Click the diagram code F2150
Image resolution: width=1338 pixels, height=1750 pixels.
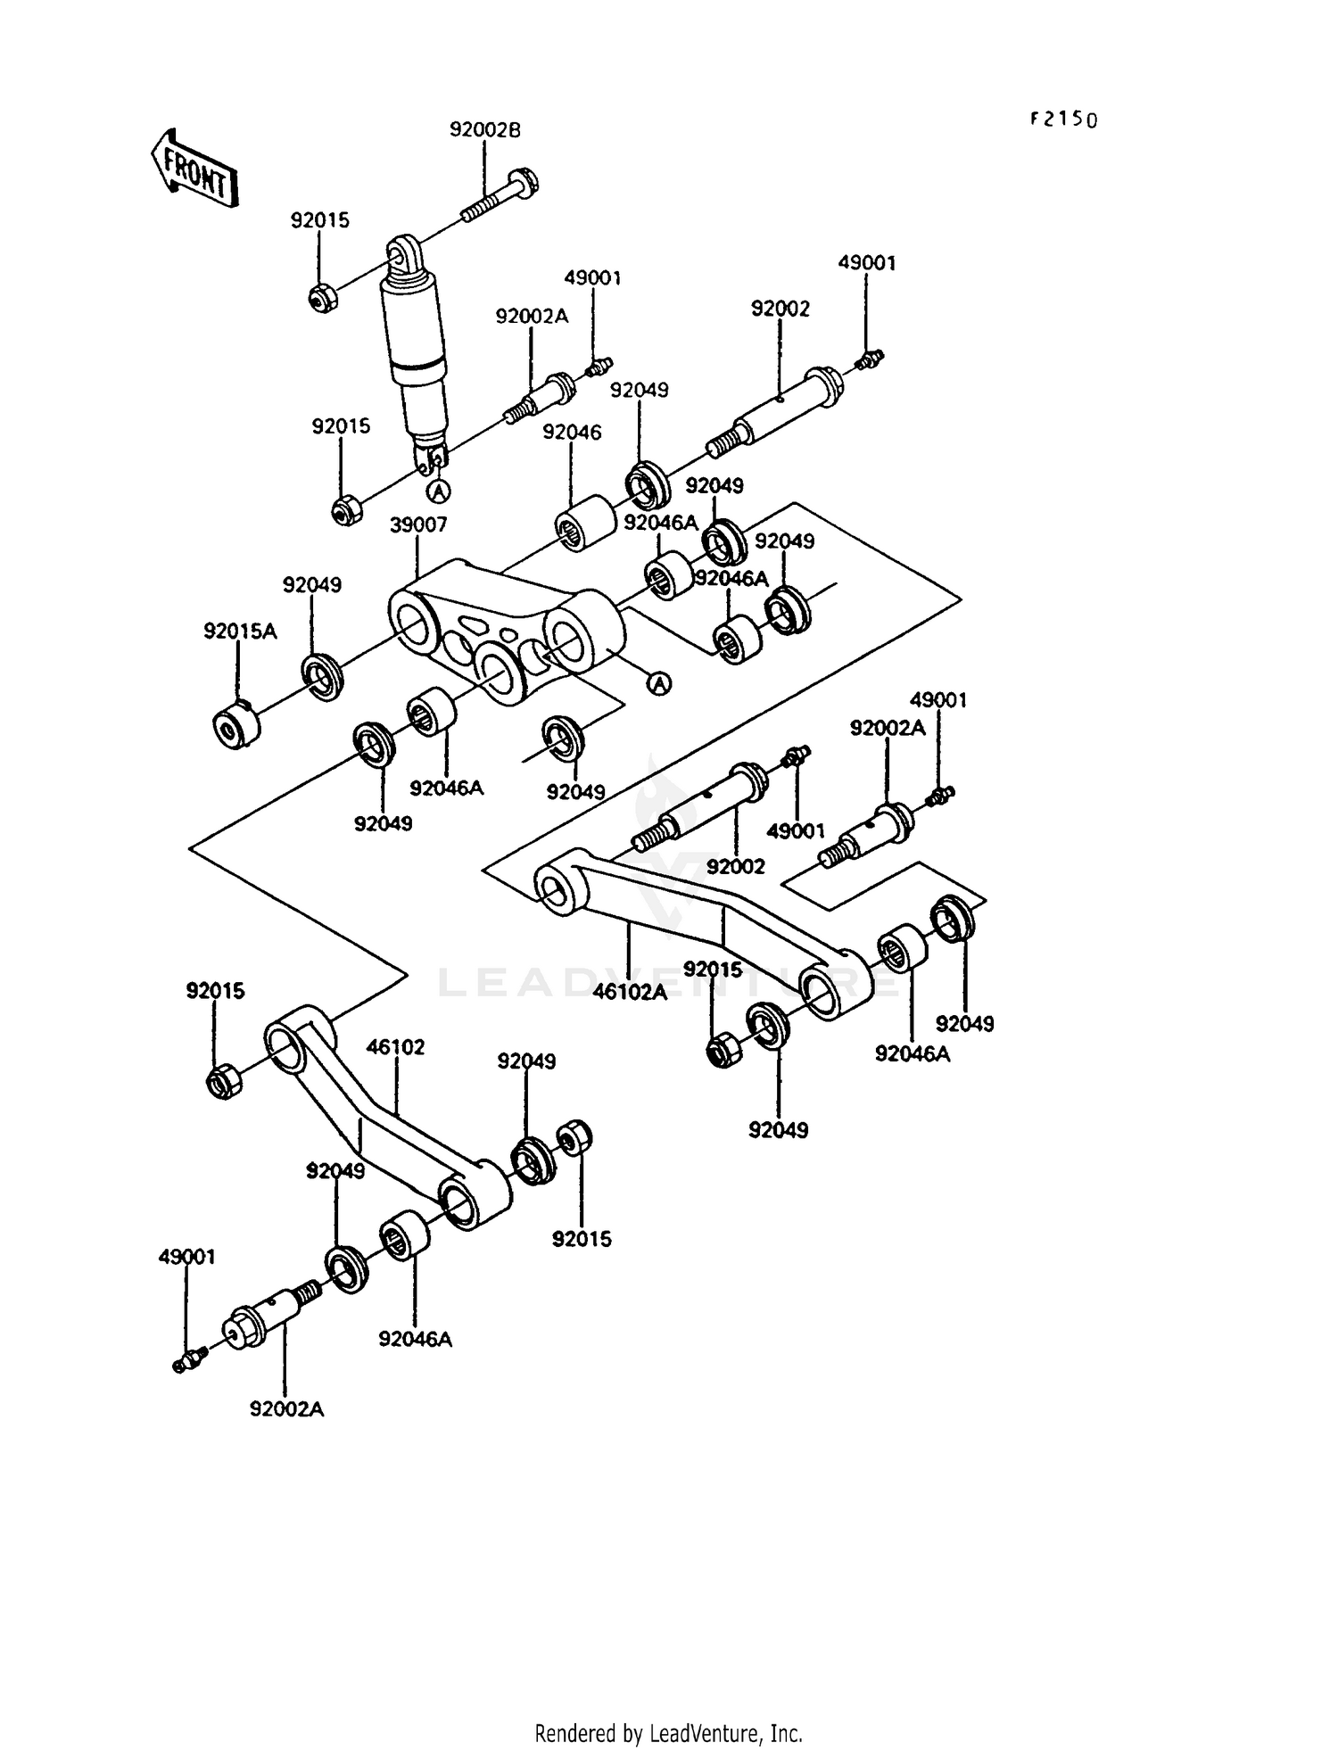[1063, 120]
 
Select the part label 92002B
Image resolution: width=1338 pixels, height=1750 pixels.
[484, 130]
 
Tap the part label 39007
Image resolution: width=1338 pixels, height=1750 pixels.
[417, 525]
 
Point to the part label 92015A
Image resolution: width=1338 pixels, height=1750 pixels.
[240, 631]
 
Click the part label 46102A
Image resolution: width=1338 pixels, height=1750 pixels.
[631, 991]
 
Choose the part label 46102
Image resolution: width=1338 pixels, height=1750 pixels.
[397, 1046]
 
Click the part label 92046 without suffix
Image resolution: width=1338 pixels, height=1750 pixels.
[572, 433]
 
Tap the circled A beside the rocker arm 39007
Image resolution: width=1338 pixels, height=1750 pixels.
[658, 683]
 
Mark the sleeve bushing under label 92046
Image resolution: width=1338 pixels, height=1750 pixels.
[584, 524]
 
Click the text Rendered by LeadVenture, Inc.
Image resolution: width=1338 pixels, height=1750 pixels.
[668, 1733]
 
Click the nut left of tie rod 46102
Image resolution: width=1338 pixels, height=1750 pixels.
[225, 1081]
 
